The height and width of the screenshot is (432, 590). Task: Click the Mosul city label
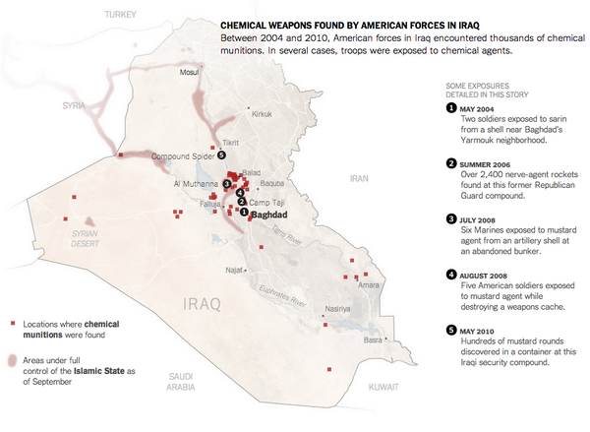pos(188,72)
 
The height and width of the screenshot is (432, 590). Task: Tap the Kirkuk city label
pos(262,114)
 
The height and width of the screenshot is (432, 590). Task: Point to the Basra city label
pos(373,340)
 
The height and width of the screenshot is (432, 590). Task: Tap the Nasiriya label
pos(337,307)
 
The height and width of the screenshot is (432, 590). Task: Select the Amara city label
pos(369,284)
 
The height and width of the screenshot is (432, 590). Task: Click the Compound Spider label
pos(184,156)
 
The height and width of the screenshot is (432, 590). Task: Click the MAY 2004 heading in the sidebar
pos(482,107)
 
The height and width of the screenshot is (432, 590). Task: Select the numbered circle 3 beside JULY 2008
pos(450,218)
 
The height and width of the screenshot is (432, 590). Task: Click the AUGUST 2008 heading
pos(491,274)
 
